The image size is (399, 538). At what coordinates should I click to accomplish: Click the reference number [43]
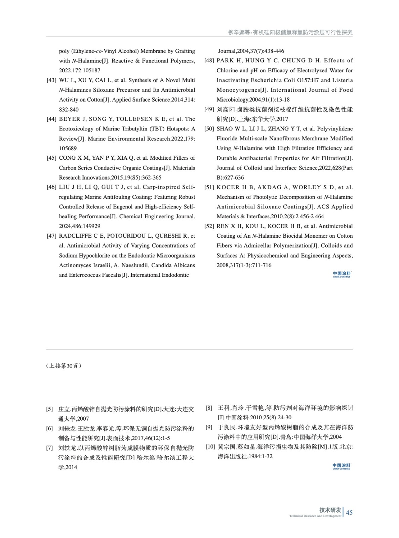point(51,80)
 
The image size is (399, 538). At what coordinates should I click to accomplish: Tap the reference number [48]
point(209,61)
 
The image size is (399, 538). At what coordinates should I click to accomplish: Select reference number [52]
point(209,226)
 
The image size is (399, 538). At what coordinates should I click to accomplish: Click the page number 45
point(349,512)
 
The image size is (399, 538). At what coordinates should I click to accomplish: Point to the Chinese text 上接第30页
point(64,366)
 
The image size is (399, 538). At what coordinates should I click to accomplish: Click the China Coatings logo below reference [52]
point(342,275)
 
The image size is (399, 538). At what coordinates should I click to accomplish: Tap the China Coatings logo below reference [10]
point(341,466)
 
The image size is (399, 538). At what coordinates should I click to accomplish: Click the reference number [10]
point(210,447)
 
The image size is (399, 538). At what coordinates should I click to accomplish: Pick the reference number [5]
point(50,409)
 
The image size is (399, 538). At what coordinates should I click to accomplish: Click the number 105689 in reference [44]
point(68,148)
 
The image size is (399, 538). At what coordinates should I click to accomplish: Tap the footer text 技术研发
point(330,510)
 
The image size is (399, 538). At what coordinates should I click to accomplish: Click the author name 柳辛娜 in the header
point(236,33)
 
